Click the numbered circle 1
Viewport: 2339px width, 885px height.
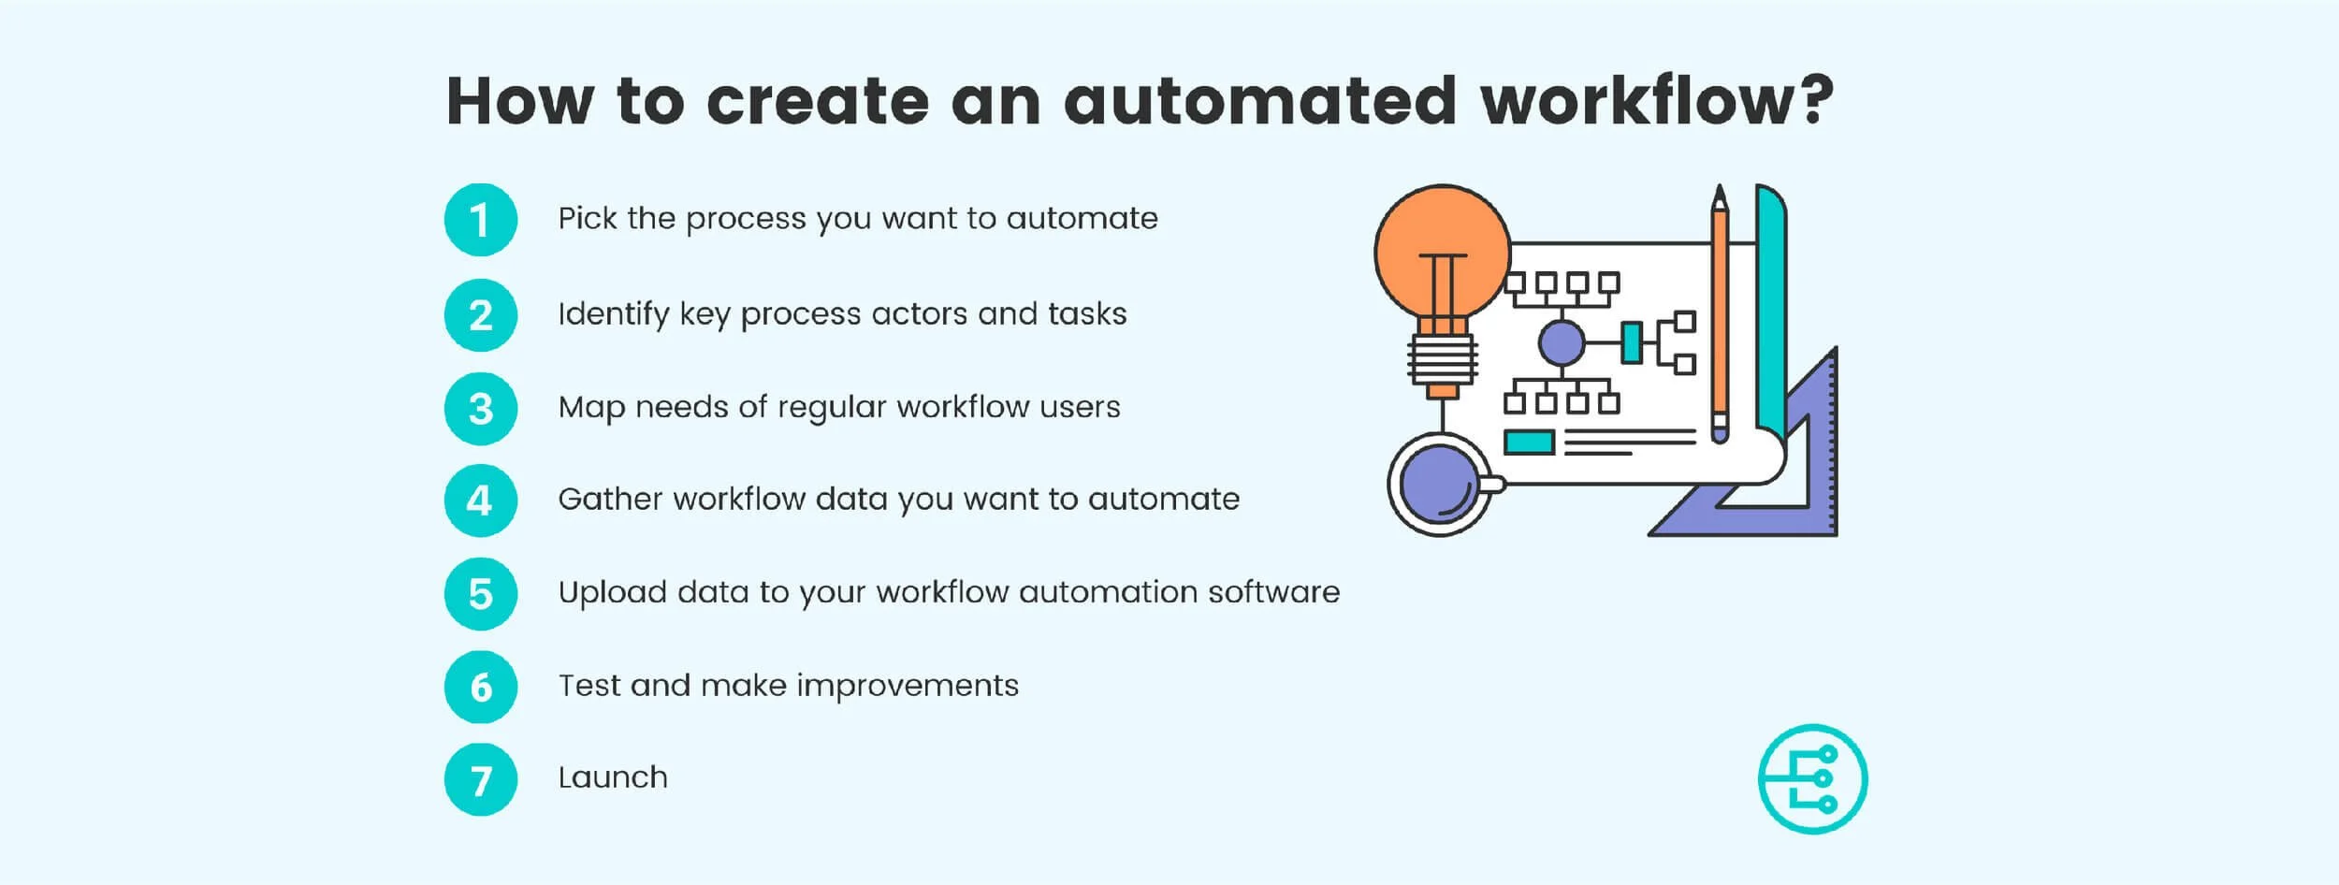(480, 220)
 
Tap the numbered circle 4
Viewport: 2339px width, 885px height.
(480, 501)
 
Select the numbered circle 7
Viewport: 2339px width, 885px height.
(480, 780)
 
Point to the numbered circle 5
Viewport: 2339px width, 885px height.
(480, 594)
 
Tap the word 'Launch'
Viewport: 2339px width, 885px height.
(613, 777)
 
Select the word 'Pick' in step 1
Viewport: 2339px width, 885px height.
(588, 218)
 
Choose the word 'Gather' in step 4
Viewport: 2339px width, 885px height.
(610, 499)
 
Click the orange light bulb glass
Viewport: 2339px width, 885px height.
(1442, 248)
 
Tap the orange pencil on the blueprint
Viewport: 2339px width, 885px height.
(1720, 318)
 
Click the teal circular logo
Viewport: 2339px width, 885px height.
(1812, 779)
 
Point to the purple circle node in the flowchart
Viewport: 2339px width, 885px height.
(1562, 342)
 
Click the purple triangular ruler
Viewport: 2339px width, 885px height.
(1815, 468)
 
